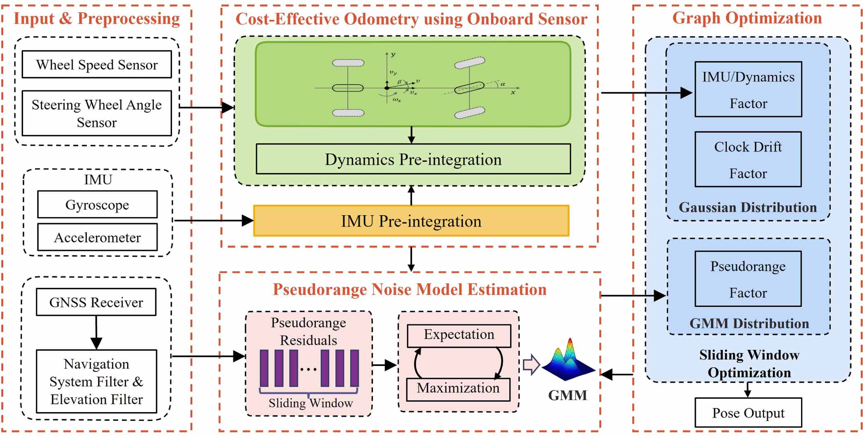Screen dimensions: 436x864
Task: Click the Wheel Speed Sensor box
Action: click(97, 64)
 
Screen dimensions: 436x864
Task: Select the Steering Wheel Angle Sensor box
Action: click(97, 113)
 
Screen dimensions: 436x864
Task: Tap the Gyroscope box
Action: click(97, 204)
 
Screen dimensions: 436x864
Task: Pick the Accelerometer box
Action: click(97, 237)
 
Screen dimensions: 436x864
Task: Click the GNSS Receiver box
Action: click(96, 302)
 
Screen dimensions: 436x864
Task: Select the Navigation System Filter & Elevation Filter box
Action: click(96, 381)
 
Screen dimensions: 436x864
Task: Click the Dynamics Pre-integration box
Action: click(413, 159)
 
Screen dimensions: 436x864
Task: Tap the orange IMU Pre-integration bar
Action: click(411, 221)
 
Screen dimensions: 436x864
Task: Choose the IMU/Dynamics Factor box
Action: click(748, 89)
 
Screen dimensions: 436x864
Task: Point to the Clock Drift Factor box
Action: click(748, 159)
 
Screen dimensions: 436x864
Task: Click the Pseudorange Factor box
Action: click(748, 279)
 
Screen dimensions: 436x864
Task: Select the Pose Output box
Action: click(748, 413)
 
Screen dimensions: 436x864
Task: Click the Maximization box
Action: click(458, 389)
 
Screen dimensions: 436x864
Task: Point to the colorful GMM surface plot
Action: click(568, 361)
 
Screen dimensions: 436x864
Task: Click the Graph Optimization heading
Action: click(747, 18)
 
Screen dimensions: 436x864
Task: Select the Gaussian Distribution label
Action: click(748, 207)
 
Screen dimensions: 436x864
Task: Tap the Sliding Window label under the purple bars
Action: click(311, 403)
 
